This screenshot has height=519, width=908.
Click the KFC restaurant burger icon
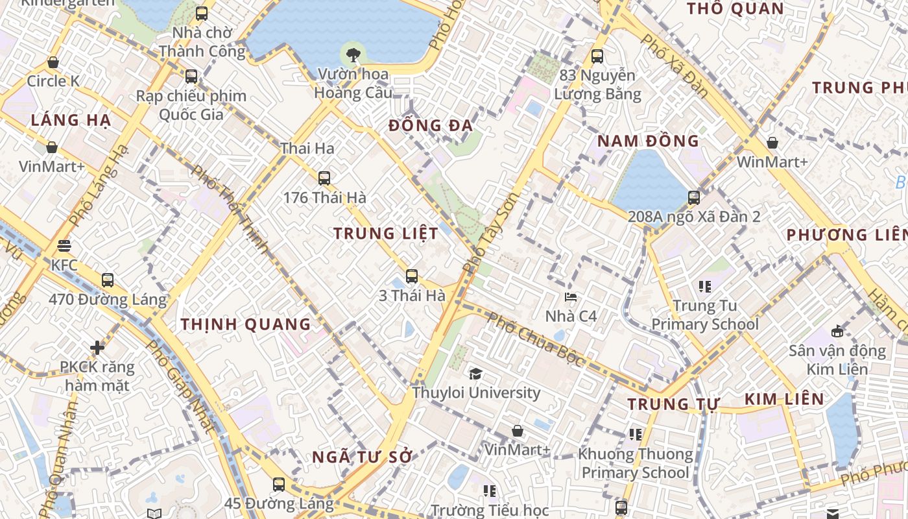click(x=64, y=246)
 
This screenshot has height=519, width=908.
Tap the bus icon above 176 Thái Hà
click(x=324, y=178)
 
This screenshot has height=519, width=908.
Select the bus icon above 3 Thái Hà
click(x=411, y=276)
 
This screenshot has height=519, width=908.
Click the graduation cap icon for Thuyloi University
click(x=475, y=374)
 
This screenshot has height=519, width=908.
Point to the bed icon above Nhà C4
click(x=571, y=297)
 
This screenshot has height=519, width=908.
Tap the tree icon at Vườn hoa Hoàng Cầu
click(x=353, y=54)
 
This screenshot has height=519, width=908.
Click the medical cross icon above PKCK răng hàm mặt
click(x=97, y=348)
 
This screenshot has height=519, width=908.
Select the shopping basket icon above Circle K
click(x=53, y=62)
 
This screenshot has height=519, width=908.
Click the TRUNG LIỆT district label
click(x=386, y=234)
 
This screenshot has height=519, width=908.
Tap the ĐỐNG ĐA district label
click(x=431, y=126)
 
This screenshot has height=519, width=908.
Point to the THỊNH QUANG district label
click(x=246, y=324)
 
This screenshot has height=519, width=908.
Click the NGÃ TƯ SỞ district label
click(x=362, y=457)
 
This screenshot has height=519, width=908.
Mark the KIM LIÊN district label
click(x=783, y=399)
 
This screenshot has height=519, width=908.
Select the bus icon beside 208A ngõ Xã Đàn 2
click(x=693, y=198)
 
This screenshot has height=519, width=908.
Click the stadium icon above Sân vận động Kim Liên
click(x=837, y=331)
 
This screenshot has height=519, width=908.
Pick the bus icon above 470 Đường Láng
click(x=108, y=280)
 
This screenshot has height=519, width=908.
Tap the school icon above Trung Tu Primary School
click(x=704, y=286)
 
